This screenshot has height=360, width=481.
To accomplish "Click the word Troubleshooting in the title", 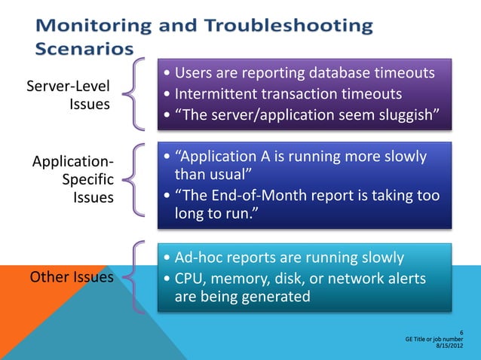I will click(x=290, y=26).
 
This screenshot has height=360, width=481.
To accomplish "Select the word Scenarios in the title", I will click(x=84, y=48).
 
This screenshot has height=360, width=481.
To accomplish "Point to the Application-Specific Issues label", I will click(x=73, y=180).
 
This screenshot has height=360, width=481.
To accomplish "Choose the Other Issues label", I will click(x=72, y=276).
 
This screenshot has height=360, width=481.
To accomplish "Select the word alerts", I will click(x=400, y=279).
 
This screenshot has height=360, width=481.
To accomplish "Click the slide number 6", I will click(x=461, y=332).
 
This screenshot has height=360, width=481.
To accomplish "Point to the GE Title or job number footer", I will click(x=435, y=340).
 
